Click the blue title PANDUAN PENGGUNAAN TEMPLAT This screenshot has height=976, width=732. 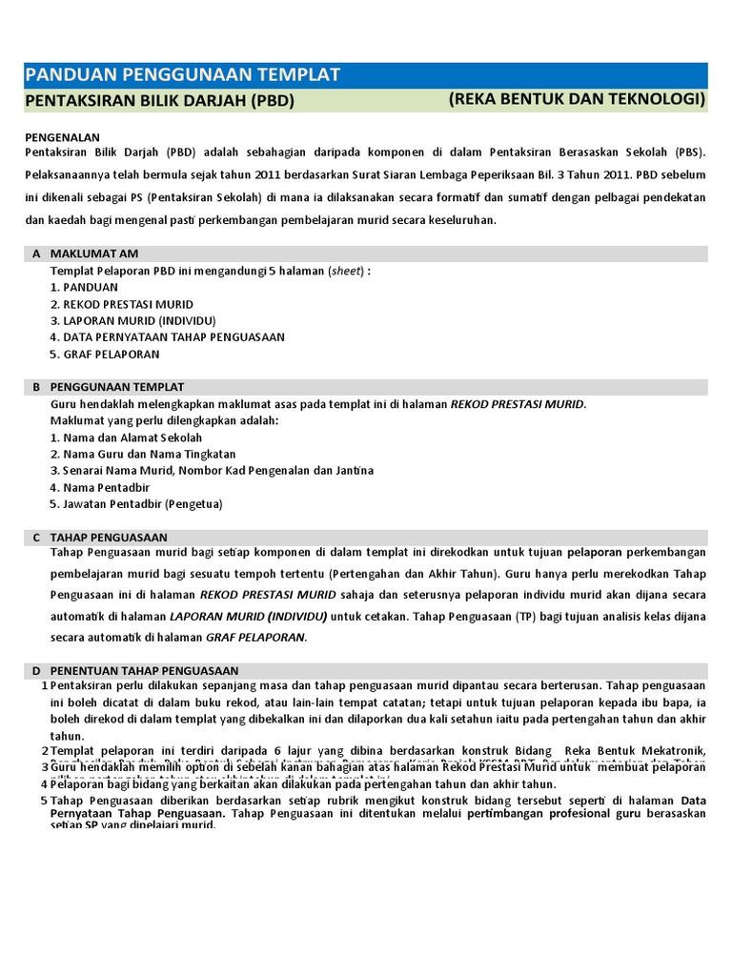click(x=182, y=75)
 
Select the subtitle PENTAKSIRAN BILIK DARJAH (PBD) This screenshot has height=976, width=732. click(x=159, y=101)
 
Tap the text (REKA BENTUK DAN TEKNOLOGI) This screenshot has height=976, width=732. click(x=577, y=100)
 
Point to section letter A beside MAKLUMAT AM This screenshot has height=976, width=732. click(x=36, y=254)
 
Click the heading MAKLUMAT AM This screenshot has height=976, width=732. click(x=94, y=254)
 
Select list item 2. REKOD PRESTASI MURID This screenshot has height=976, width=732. click(x=121, y=304)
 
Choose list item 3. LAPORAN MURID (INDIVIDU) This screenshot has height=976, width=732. click(x=132, y=320)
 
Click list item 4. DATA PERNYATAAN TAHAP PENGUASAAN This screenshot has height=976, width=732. click(x=167, y=337)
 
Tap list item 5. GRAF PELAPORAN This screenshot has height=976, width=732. click(x=105, y=355)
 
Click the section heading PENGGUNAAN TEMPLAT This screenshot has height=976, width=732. click(x=117, y=387)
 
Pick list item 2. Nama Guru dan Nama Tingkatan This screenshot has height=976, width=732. click(x=143, y=455)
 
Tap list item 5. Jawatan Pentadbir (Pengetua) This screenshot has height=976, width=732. click(x=136, y=504)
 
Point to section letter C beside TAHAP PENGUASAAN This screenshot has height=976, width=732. click(x=36, y=538)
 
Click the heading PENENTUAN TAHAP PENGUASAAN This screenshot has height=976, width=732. click(x=144, y=671)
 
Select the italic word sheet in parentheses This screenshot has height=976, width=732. click(x=346, y=271)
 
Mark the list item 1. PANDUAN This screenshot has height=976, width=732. click(x=84, y=287)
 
